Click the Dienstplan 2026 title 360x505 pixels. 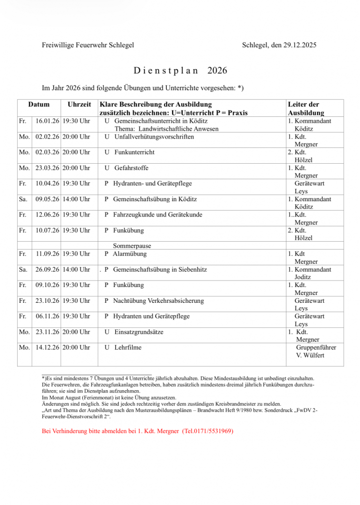coord(180,71)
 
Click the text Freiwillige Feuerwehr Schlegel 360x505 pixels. coord(88,45)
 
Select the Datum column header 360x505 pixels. coord(39,105)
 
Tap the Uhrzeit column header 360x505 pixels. coord(79,105)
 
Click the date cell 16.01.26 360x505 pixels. coord(47,121)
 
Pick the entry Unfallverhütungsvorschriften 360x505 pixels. coord(154,137)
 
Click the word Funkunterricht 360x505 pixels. coord(134,152)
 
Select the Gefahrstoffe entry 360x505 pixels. coord(131,168)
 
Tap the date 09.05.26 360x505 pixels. coord(47,199)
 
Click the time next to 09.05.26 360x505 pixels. coord(76,199)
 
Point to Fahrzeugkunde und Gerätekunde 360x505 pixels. coord(157,215)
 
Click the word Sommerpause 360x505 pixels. coord(132,246)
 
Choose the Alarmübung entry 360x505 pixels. coord(130,254)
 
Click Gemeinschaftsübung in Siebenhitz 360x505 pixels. coord(160,270)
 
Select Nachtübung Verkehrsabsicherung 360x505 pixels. coord(158,301)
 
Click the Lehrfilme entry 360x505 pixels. coord(128,348)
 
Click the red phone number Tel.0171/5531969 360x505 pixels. coord(208,431)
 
